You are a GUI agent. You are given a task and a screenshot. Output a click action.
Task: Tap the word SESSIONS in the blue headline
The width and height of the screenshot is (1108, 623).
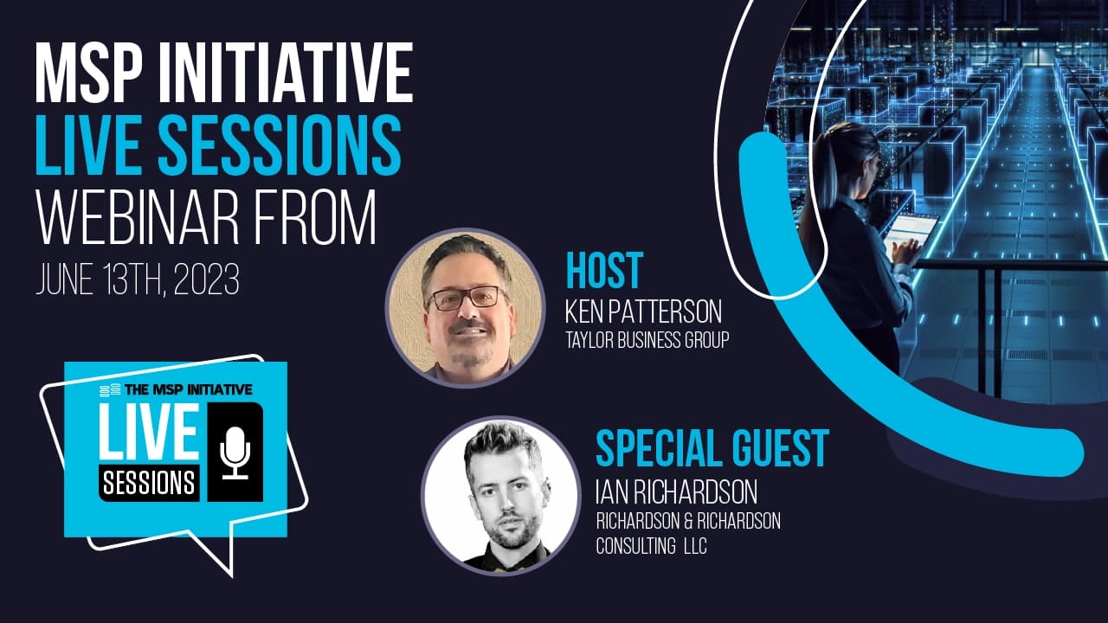click(280, 145)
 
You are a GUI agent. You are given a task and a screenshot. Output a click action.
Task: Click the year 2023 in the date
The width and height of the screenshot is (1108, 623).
click(207, 279)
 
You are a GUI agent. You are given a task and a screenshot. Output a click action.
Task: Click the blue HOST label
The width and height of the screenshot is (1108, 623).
click(604, 270)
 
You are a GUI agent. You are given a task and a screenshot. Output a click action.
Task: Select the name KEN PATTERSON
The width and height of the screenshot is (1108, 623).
click(643, 311)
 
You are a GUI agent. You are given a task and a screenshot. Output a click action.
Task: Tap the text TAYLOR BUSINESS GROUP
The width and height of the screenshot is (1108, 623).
click(647, 340)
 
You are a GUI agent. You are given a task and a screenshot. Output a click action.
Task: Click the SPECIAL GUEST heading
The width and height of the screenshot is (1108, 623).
click(712, 448)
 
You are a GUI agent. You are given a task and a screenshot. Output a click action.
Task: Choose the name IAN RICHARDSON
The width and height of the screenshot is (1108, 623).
click(677, 492)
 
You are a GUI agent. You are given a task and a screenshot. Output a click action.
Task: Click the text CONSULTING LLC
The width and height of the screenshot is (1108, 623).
click(652, 546)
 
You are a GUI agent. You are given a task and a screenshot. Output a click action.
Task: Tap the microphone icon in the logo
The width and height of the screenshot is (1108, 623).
click(235, 453)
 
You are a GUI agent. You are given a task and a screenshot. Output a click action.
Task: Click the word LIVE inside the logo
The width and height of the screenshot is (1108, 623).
click(148, 431)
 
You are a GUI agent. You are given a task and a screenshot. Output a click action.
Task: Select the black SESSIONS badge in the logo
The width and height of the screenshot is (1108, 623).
click(150, 483)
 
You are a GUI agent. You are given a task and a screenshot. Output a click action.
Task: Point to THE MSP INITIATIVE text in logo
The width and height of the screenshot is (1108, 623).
click(189, 389)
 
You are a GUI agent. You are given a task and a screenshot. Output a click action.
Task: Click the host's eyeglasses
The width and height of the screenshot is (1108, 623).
click(467, 299)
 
